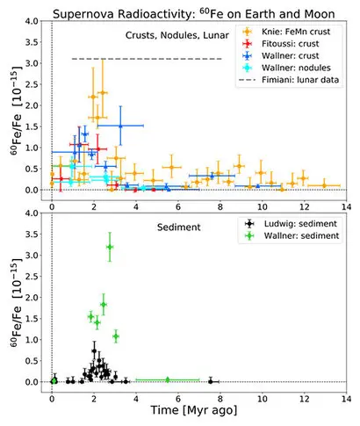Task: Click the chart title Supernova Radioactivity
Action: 124,14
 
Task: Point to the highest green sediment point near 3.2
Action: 110,247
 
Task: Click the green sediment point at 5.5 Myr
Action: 168,379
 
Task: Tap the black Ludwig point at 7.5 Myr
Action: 211,381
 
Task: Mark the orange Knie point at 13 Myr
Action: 324,185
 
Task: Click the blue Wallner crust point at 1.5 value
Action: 120,126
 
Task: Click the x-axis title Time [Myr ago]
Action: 194,410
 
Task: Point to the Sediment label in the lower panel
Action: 179,227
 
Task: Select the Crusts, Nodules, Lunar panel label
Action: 177,35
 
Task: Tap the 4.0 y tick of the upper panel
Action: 32,21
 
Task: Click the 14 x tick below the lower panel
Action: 346,399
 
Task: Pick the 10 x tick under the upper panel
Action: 263,207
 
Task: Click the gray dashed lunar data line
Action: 147,59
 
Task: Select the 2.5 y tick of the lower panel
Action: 32,277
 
